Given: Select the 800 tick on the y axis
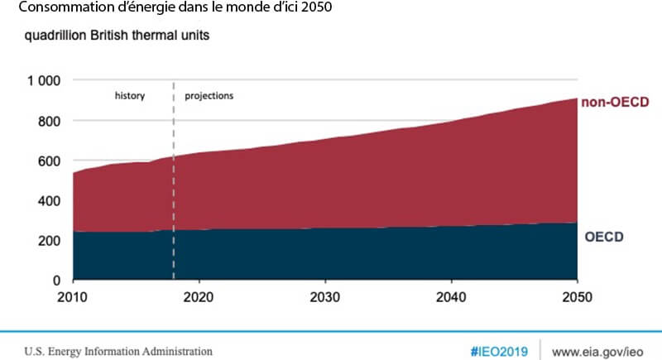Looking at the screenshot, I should [x=50, y=121].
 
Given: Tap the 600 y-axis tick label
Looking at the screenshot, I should [x=50, y=161].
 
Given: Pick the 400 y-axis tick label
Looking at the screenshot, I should [x=50, y=201].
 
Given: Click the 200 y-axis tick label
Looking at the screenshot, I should [x=50, y=241].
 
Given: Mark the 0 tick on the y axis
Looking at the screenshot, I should [x=57, y=281].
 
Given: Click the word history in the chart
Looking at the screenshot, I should [x=130, y=96].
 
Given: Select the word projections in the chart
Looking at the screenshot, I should [x=209, y=96].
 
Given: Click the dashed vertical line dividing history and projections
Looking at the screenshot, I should [x=174, y=182].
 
